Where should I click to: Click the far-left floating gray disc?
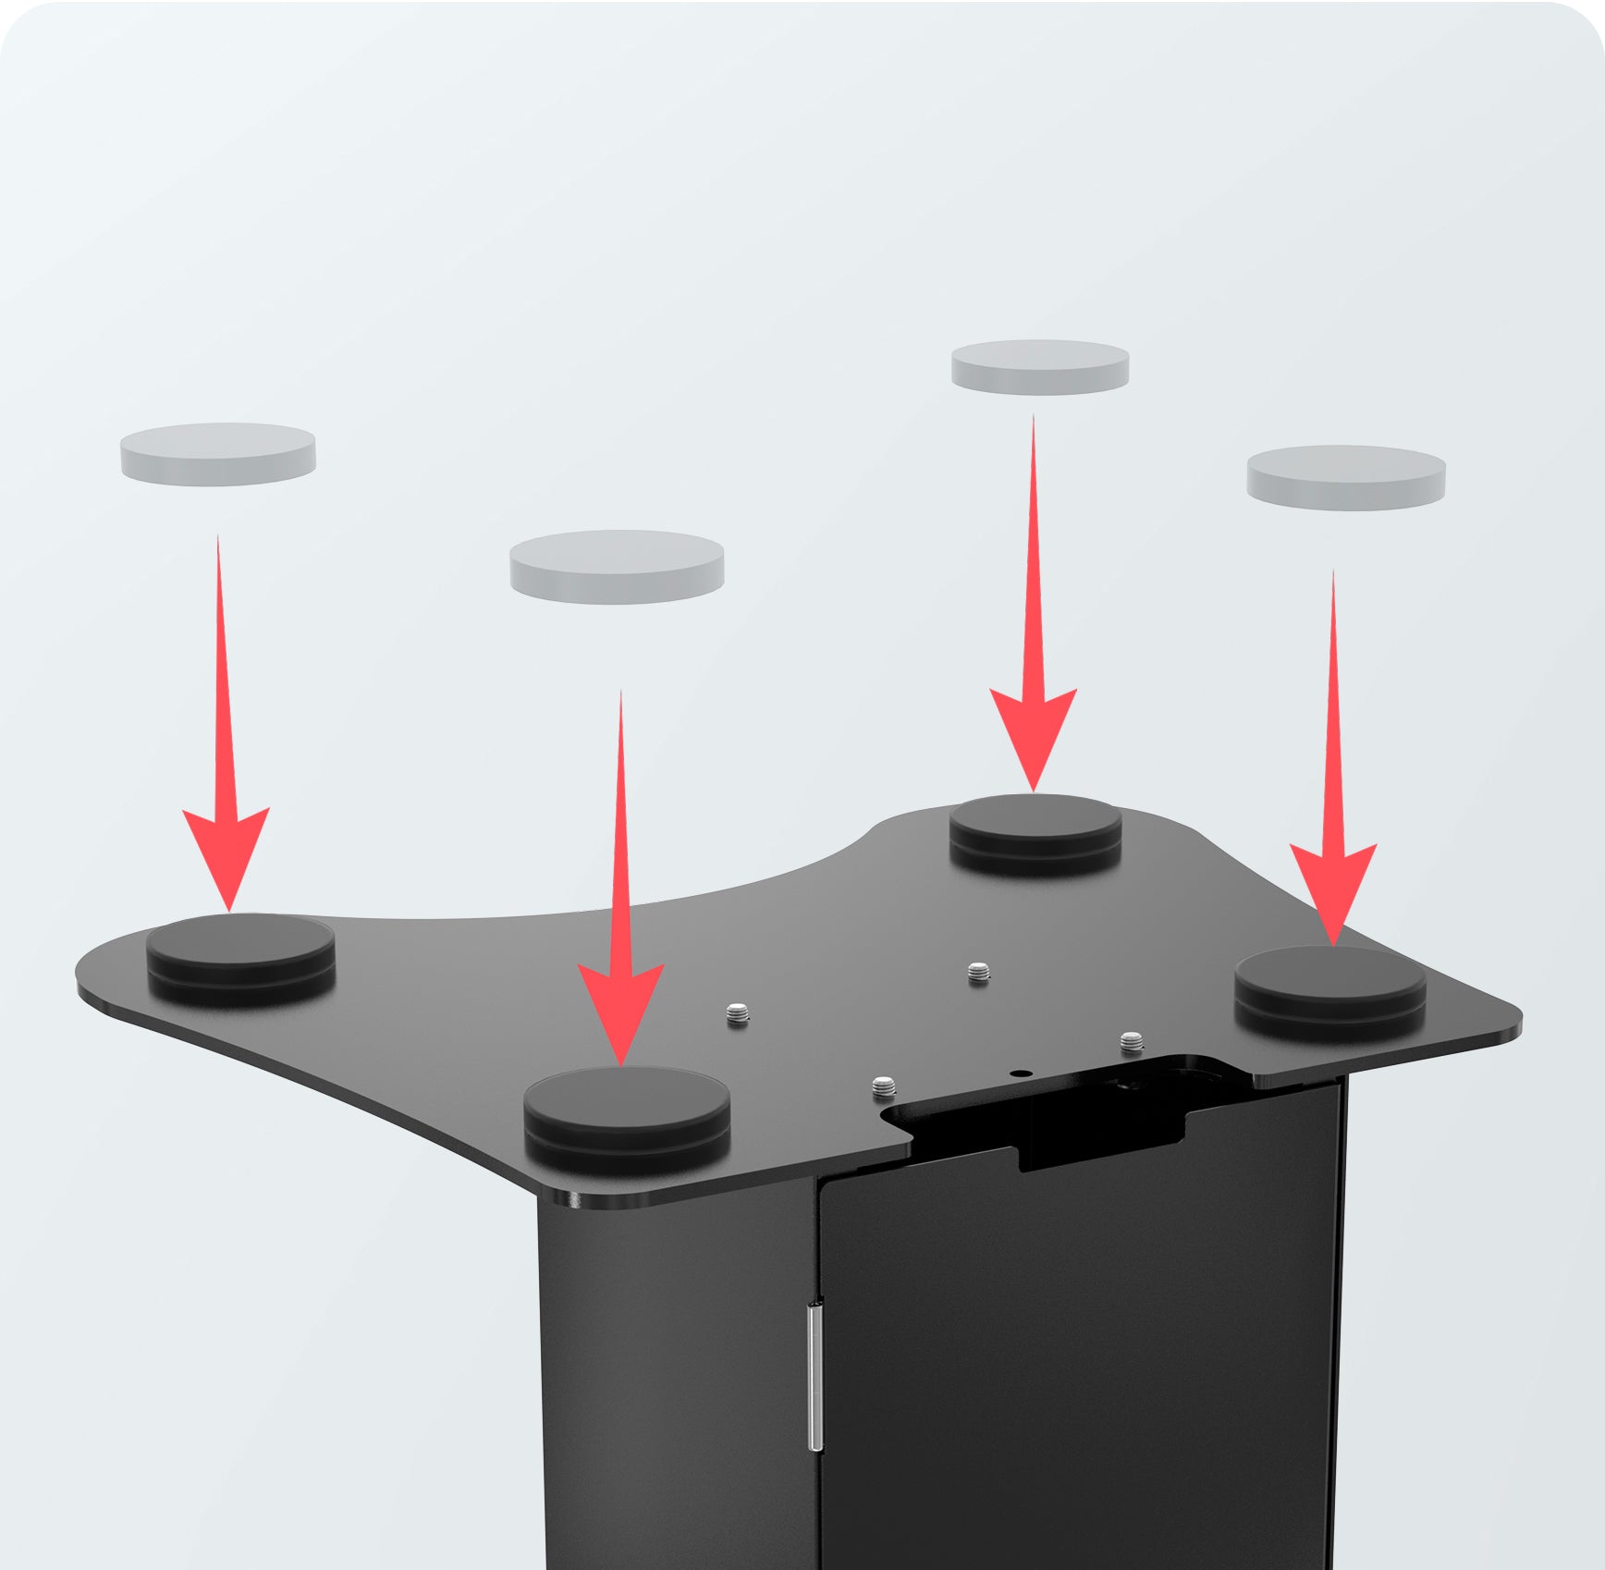tap(218, 453)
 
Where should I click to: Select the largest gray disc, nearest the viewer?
tap(617, 565)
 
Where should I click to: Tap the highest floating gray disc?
tap(1040, 367)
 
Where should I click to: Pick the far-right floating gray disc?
tap(1345, 477)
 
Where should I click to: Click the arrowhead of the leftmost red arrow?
tap(227, 851)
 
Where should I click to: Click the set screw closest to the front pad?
tap(737, 1014)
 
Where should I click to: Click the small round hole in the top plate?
tap(1020, 1073)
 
